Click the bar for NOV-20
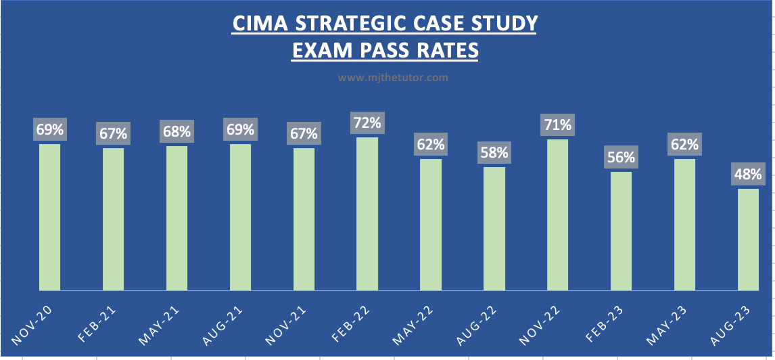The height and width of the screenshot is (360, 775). (x=49, y=217)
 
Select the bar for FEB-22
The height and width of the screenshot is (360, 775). (x=367, y=214)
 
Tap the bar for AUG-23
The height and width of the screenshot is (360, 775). (x=748, y=240)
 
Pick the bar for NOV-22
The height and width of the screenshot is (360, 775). (x=557, y=215)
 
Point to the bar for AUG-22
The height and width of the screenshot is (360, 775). (x=494, y=229)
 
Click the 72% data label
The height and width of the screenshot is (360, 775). (x=367, y=124)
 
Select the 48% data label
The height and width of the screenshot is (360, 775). (x=748, y=175)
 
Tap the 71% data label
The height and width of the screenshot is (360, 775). (x=557, y=125)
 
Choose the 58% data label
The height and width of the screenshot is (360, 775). (x=494, y=153)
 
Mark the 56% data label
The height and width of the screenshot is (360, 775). (x=621, y=158)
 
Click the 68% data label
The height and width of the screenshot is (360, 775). (x=177, y=132)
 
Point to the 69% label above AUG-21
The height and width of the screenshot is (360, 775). (x=240, y=130)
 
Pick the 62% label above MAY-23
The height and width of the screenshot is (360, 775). (x=684, y=145)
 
